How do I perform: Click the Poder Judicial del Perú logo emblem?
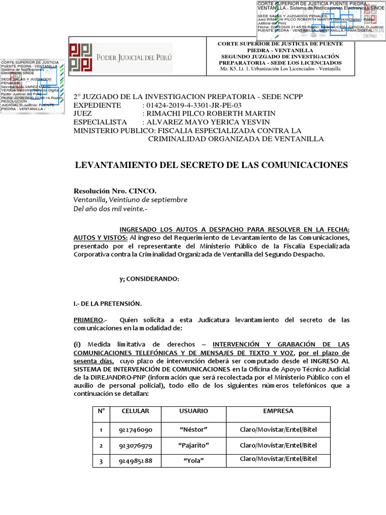(x=81, y=57)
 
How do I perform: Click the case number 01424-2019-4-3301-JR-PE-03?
(x=192, y=105)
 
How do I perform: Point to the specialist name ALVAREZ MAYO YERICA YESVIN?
(x=207, y=122)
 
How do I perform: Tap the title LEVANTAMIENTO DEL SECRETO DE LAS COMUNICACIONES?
(x=211, y=165)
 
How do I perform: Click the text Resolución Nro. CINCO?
(x=115, y=191)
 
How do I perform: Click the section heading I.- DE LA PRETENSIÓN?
(x=108, y=303)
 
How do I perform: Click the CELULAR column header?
(x=135, y=411)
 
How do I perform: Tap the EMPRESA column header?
(x=278, y=411)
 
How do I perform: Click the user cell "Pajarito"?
(x=194, y=446)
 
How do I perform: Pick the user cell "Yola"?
(x=194, y=461)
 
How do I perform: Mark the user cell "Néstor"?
(x=194, y=430)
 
